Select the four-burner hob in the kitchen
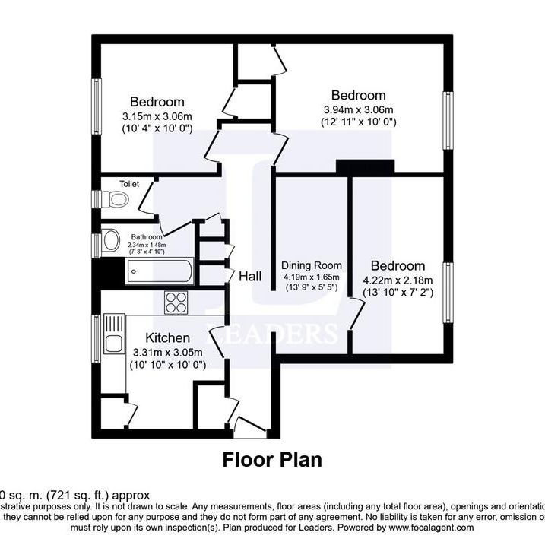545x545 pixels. point(177,302)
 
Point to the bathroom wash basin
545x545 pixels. point(112,242)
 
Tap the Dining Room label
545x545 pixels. point(312,265)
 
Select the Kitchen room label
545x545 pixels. point(168,337)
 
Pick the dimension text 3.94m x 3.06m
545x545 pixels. point(359,109)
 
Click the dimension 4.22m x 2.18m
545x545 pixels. point(398,280)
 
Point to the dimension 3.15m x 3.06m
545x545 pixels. point(157,116)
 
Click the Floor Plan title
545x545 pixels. point(272,460)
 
